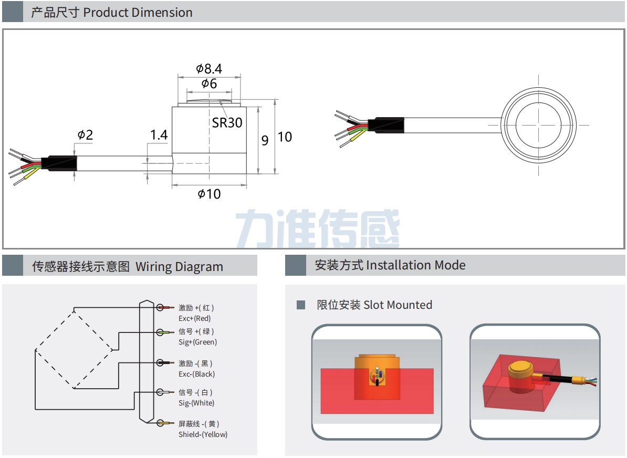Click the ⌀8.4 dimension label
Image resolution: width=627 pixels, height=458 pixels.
coord(209,69)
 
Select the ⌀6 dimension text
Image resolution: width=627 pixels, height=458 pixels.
coord(209,84)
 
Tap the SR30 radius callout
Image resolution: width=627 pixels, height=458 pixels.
coord(227,123)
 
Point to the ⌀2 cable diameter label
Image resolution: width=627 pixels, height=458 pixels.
coord(85,135)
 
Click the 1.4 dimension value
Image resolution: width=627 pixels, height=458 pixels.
coord(159,135)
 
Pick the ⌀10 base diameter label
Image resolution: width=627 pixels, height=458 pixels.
coord(209,194)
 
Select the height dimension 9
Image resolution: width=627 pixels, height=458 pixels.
coord(265,140)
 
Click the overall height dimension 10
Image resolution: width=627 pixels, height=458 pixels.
coord(285,137)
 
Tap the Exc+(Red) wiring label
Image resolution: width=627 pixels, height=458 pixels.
coord(194,318)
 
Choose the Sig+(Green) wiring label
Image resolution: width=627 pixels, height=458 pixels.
coord(197,342)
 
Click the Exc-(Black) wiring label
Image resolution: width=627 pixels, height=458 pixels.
coord(196,374)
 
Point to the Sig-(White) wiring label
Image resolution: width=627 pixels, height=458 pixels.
coord(196,403)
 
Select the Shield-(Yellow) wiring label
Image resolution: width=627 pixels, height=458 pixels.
coord(203,434)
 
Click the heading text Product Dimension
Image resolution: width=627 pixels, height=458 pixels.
coord(138,13)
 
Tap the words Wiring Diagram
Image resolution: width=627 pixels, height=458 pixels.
coord(179,267)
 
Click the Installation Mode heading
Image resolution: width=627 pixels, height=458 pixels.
coord(415,265)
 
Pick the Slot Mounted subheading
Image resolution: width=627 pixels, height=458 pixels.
coord(398,305)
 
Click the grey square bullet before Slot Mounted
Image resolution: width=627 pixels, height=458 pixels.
coord(301,305)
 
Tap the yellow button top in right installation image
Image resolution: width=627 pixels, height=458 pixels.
coord(520,367)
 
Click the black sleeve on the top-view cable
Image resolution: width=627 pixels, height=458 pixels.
coord(386,124)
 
